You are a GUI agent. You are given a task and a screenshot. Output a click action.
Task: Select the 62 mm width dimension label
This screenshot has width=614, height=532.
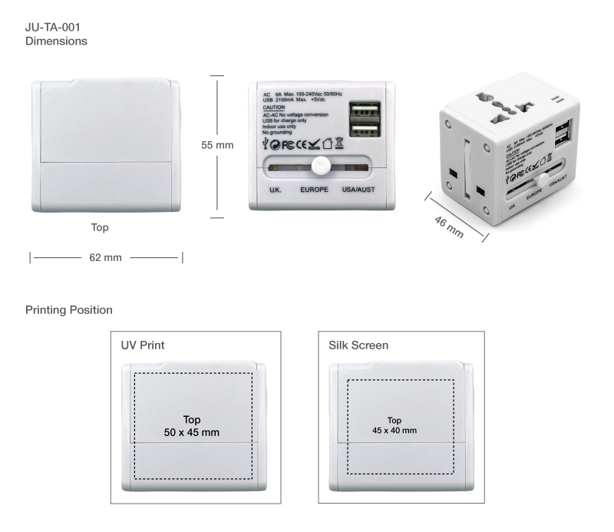[x=106, y=257]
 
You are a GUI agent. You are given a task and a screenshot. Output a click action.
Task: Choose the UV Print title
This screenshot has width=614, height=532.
[x=143, y=345]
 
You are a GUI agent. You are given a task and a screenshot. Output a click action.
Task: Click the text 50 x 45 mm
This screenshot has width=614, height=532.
[x=191, y=432]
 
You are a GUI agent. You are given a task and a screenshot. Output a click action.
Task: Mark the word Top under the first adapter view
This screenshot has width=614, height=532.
[x=100, y=227]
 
